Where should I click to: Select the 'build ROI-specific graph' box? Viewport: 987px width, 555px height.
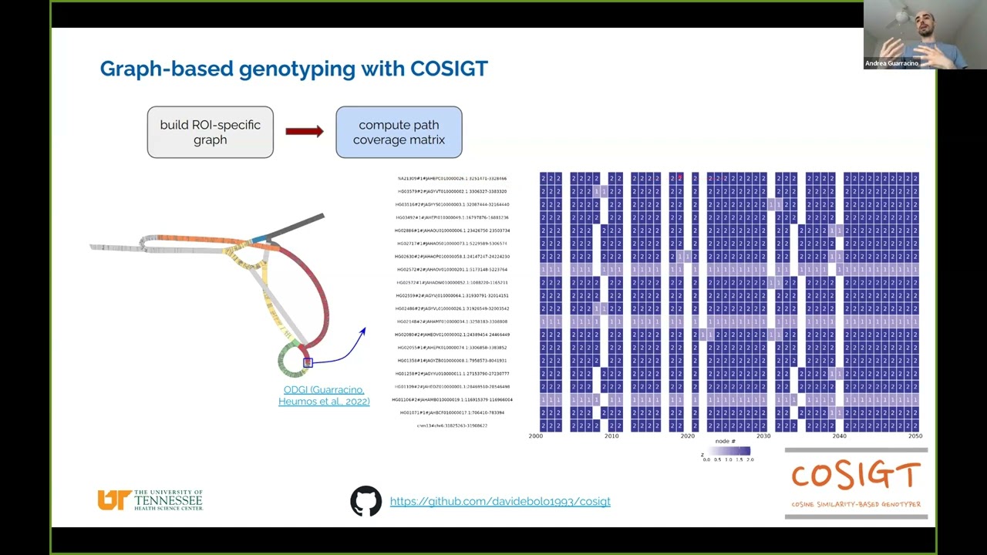(211, 133)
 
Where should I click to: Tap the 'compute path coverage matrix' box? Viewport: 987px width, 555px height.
(399, 133)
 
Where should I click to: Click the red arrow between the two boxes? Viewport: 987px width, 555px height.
(305, 131)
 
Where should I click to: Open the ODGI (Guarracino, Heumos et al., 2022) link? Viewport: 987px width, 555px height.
(324, 395)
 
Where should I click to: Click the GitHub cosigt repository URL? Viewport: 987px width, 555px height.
(500, 501)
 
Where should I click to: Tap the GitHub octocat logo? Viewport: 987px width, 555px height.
(365, 501)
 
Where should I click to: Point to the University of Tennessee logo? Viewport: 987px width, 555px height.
(150, 500)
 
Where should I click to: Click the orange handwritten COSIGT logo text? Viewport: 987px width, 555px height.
(856, 476)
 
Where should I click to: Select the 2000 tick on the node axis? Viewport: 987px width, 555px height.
(535, 436)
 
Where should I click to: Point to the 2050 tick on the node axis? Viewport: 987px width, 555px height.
(915, 436)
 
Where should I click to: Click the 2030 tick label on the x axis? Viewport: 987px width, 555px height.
(763, 436)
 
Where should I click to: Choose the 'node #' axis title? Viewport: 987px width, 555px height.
(725, 442)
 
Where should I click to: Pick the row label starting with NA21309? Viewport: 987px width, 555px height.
(452, 179)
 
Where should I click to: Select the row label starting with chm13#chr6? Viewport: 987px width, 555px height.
(452, 425)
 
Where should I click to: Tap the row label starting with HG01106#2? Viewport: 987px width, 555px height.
(452, 399)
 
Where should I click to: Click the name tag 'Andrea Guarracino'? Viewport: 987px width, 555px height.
(891, 63)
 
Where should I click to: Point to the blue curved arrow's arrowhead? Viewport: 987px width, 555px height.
(363, 331)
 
